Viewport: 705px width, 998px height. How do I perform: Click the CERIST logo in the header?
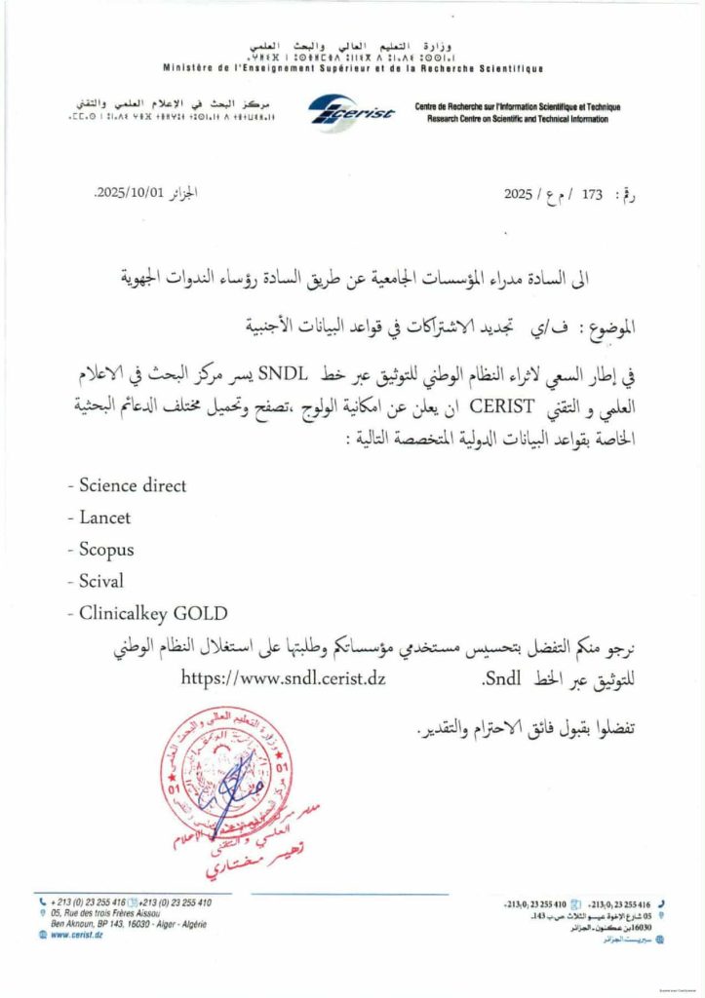coord(352,110)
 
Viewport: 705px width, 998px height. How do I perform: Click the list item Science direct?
coord(127,484)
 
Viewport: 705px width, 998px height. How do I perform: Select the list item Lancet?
coord(98,518)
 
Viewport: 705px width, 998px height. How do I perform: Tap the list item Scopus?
coord(100,550)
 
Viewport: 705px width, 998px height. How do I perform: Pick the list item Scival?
coord(95,582)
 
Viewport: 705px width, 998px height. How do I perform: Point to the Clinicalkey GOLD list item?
coord(147,614)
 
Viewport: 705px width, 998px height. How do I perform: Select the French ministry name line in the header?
coord(353,68)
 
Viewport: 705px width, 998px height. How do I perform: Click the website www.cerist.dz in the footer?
coord(78,935)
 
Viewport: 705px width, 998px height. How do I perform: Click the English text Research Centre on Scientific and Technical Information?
coord(517,119)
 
